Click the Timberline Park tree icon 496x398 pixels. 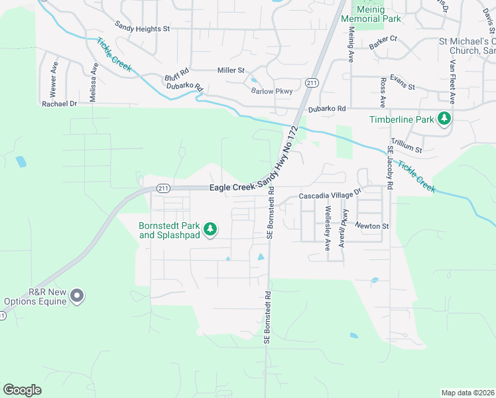pos(444,119)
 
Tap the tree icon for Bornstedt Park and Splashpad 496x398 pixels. pos(210,230)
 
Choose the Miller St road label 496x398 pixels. pos(231,70)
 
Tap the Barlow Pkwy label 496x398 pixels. pos(271,92)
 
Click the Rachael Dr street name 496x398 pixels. pos(60,104)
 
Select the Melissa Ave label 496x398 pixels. pos(94,77)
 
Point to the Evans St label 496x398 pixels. pos(402,87)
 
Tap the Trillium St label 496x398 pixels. pos(406,145)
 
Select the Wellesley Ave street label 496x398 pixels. pos(328,228)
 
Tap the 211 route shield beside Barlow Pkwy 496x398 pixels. pos(312,82)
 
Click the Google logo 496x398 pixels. pos(22,389)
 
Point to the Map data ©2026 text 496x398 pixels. pos(467,392)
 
